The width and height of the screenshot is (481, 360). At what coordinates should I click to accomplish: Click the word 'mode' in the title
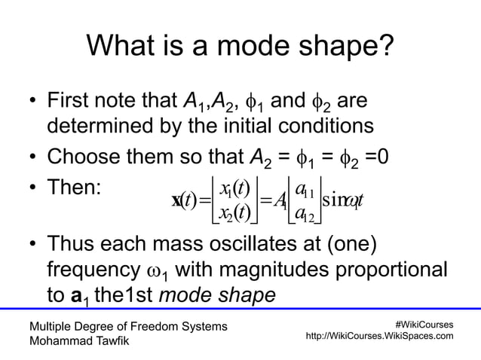pos(255,48)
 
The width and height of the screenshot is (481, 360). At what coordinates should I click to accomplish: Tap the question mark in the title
pos(384,48)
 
